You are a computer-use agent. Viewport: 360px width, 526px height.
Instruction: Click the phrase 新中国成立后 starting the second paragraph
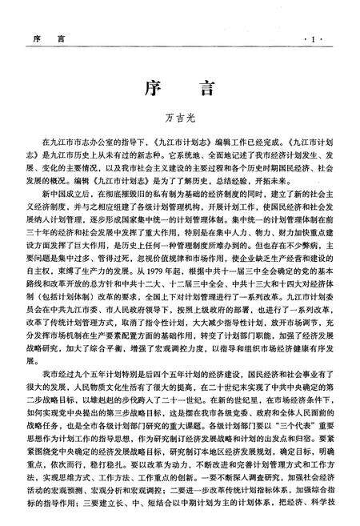pyautogui.click(x=66, y=194)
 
